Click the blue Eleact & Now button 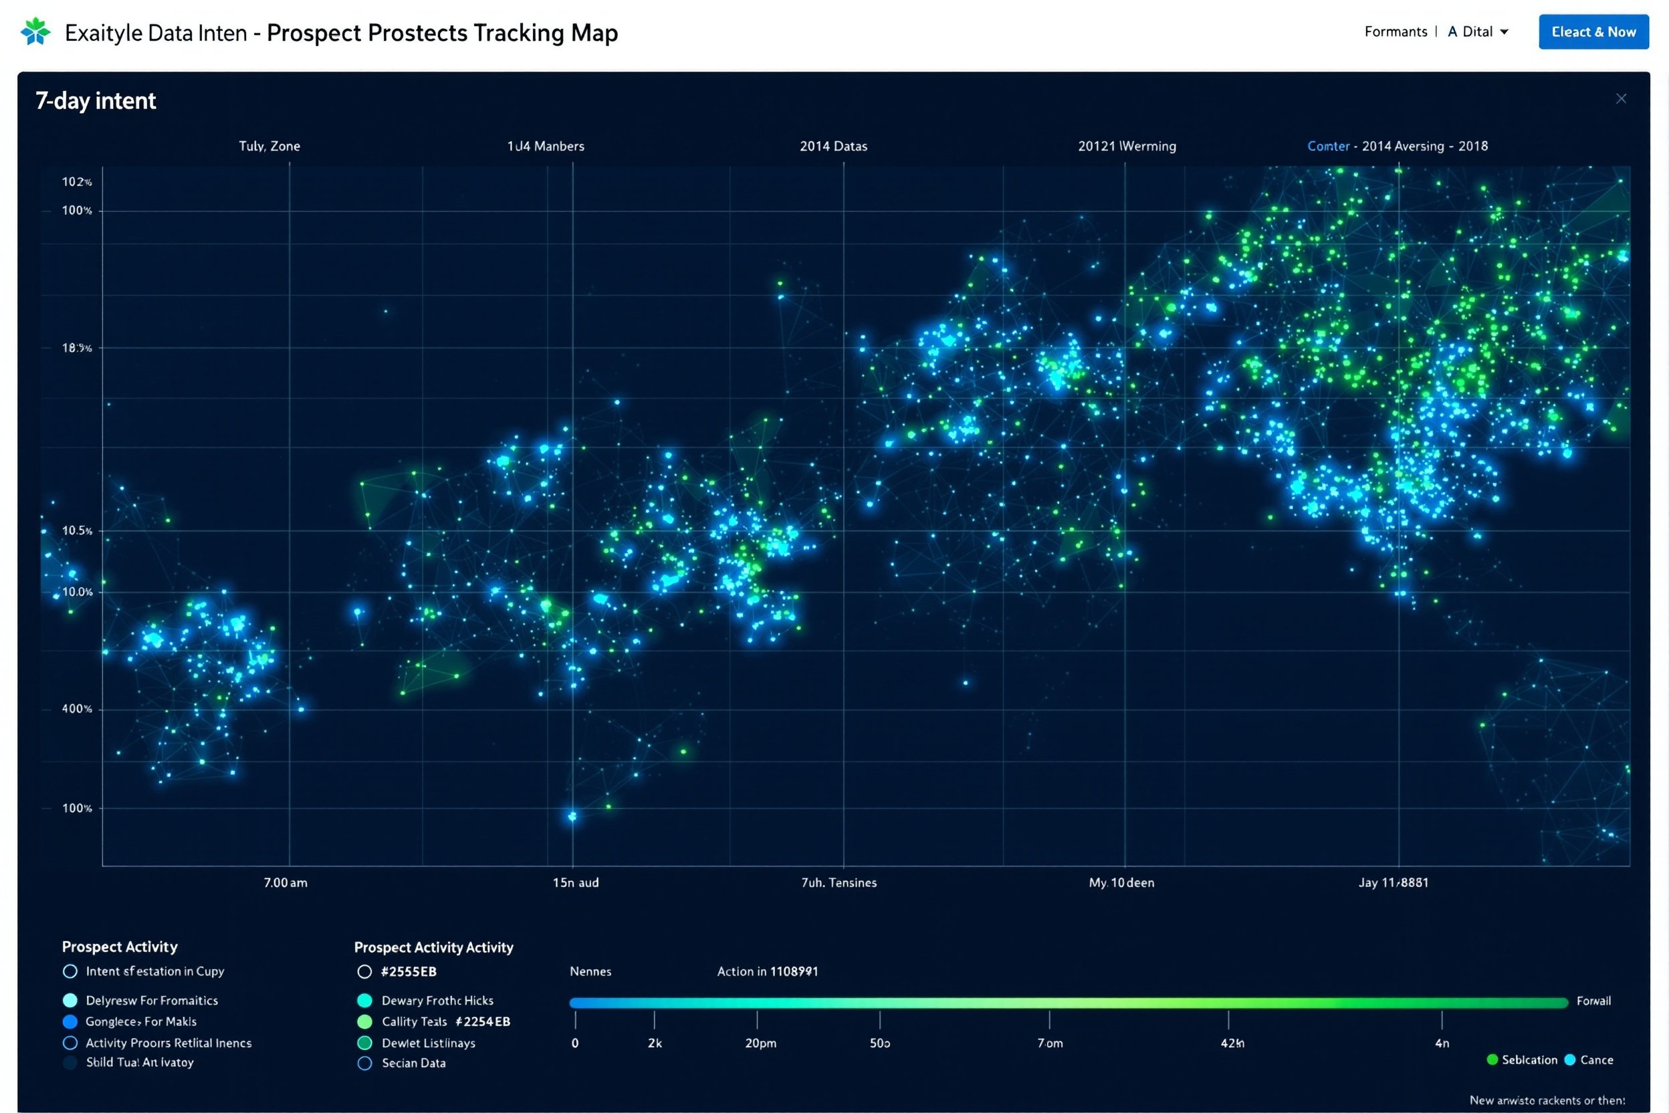(1593, 32)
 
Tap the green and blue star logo (35, 32)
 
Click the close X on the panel (1621, 99)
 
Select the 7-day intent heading (96, 101)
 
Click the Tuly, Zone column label (269, 146)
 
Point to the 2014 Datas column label (833, 146)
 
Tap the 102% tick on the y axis (77, 182)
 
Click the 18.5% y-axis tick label (77, 348)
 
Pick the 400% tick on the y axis (77, 708)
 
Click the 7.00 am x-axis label (286, 882)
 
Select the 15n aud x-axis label (576, 882)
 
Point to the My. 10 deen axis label (1121, 882)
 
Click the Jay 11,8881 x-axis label (1393, 882)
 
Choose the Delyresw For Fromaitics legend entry (151, 1000)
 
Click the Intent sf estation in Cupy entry (154, 971)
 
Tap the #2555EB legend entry (408, 972)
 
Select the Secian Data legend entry (413, 1063)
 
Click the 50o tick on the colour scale (879, 1043)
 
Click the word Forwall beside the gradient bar (1593, 1001)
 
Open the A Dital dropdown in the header (1477, 32)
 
